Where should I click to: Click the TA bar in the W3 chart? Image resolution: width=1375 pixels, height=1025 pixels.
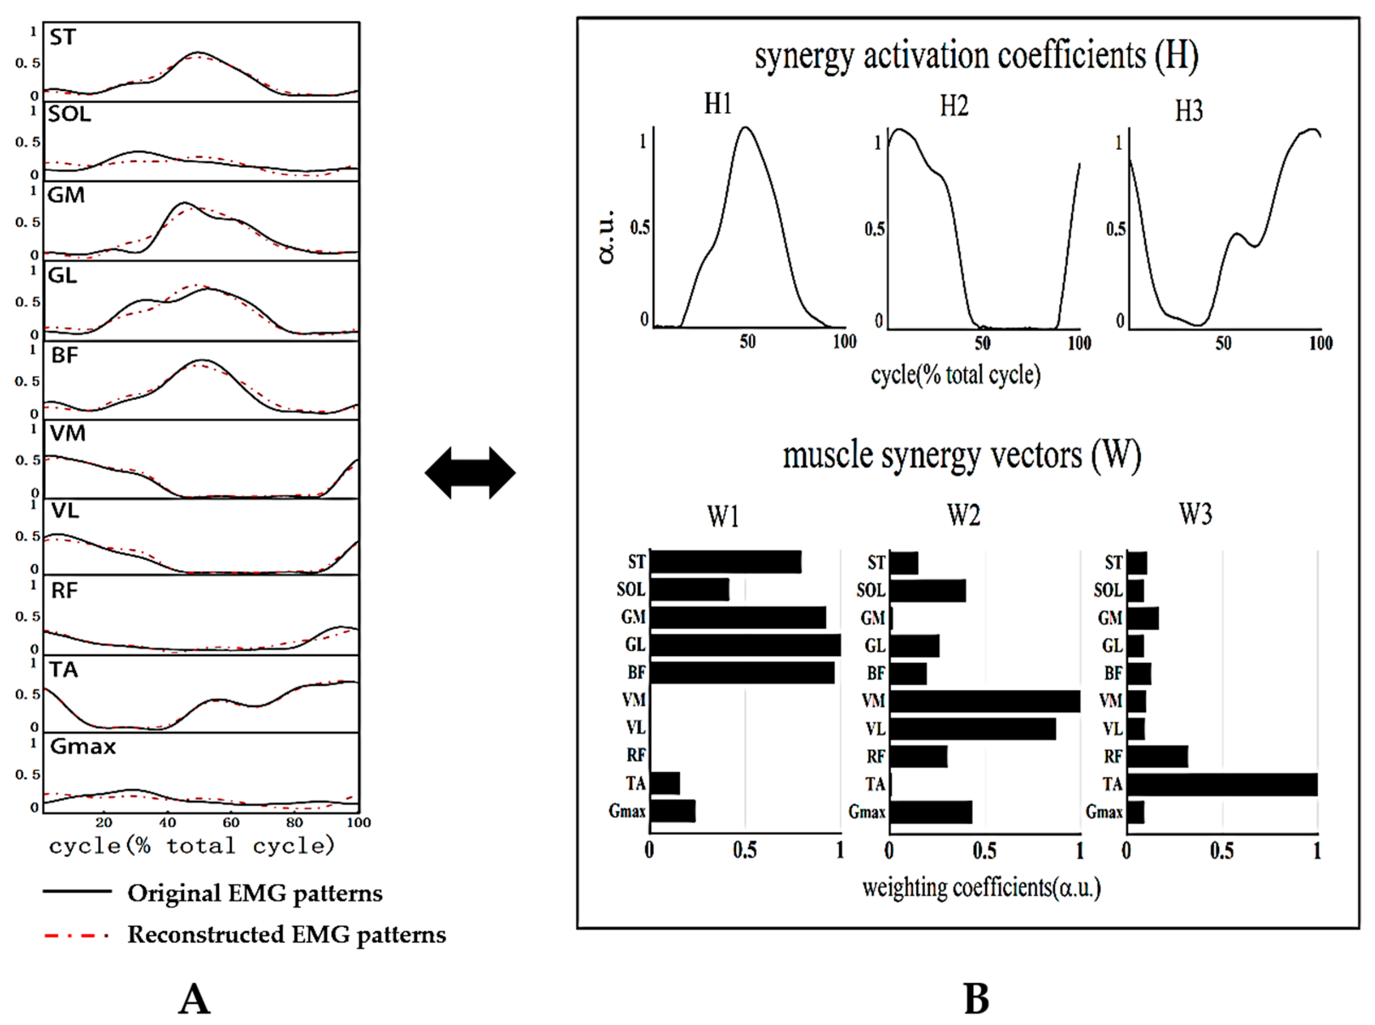coord(1221,784)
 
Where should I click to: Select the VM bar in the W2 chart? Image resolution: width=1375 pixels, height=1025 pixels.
coord(984,701)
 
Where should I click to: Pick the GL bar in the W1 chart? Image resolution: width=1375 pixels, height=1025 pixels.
coord(744,645)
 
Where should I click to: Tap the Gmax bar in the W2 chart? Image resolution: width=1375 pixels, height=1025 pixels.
coord(930,812)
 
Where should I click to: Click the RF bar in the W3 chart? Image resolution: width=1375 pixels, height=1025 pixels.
coord(1156,756)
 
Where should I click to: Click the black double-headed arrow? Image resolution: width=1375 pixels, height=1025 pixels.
coord(470,473)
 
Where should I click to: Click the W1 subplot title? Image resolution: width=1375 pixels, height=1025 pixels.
coord(723,516)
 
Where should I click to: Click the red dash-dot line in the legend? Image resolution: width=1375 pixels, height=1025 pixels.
coord(77,935)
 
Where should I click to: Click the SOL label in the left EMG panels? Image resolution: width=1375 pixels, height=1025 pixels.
coord(69,114)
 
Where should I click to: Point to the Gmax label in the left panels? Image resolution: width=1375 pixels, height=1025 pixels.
coord(82,747)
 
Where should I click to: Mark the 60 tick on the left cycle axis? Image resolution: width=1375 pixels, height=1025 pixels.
coord(231,823)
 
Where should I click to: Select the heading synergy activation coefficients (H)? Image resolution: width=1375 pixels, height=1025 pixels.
coord(976,56)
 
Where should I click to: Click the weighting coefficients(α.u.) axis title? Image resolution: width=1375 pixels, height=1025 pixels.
coord(981,888)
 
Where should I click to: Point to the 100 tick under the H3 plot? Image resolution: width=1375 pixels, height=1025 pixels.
coord(1321,343)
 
